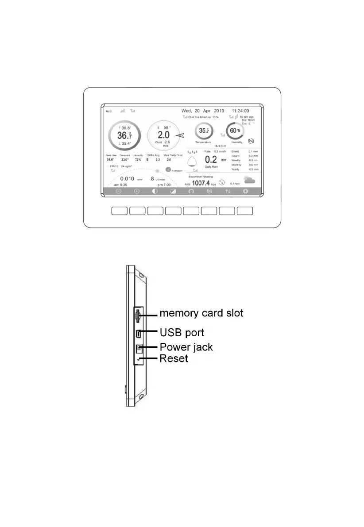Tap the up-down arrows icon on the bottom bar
click(228, 192)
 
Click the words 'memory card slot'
click(201, 313)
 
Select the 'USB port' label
click(182, 331)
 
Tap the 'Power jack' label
click(186, 347)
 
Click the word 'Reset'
click(174, 358)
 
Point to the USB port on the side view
click(139, 333)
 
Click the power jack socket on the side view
click(139, 348)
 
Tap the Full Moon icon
click(168, 169)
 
